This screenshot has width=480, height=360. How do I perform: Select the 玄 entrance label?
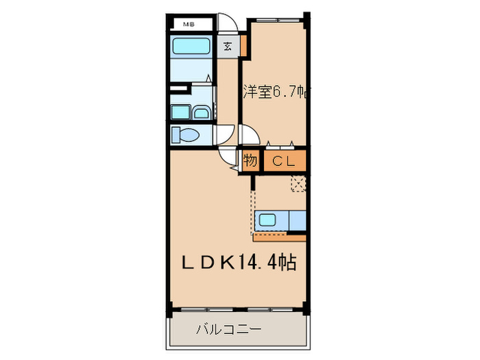pyautogui.click(x=227, y=47)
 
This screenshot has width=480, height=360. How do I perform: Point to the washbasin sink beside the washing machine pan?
pyautogui.click(x=202, y=112)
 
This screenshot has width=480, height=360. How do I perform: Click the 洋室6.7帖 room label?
pyautogui.click(x=272, y=92)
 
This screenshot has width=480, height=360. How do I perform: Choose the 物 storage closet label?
pyautogui.click(x=250, y=162)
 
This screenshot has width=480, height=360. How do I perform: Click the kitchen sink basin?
pyautogui.click(x=268, y=221)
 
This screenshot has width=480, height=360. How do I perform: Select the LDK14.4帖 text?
pyautogui.click(x=239, y=263)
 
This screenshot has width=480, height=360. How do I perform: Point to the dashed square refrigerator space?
pyautogui.click(x=298, y=184)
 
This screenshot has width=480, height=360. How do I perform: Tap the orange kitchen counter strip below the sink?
pyautogui.click(x=278, y=237)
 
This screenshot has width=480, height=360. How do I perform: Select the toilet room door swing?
pyautogui.click(x=224, y=135)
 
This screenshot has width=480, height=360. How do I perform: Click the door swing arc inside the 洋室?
pyautogui.click(x=249, y=135)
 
